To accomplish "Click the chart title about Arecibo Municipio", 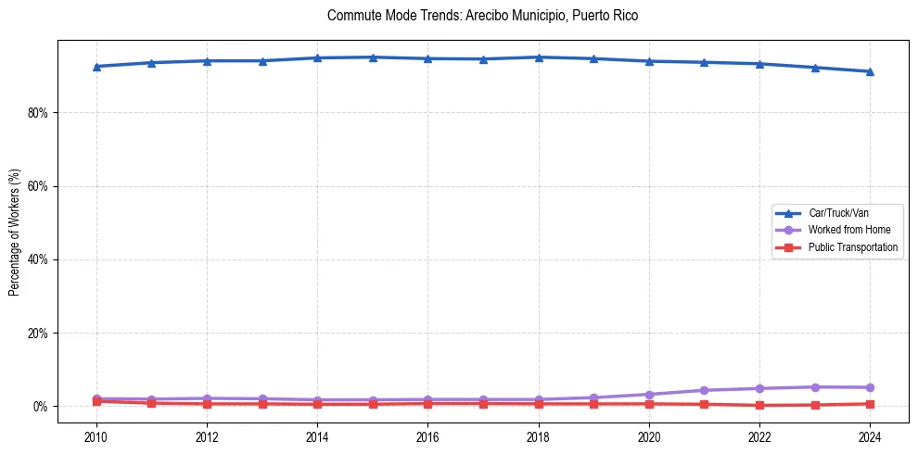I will (x=482, y=16).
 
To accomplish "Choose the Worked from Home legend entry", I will (x=849, y=230).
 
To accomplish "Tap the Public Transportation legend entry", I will (x=853, y=247).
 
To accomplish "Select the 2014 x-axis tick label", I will (x=317, y=436).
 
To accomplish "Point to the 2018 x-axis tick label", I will (x=539, y=436).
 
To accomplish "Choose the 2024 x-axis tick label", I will (x=870, y=436).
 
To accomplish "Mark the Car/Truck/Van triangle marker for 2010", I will (x=96, y=67).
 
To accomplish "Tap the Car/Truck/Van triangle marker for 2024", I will (x=870, y=71).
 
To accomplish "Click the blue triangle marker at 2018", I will (x=539, y=57).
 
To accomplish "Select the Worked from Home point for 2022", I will (x=759, y=388).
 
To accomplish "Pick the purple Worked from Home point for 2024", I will (x=870, y=387).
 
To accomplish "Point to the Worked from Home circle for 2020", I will (x=649, y=395).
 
